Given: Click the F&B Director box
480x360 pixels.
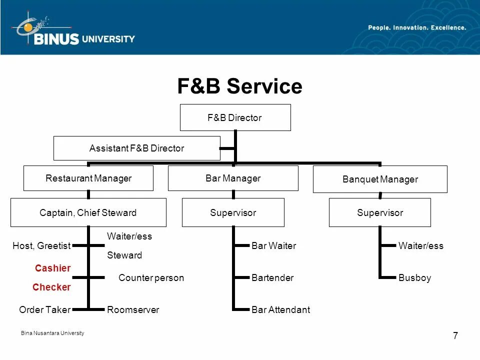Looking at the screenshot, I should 235,118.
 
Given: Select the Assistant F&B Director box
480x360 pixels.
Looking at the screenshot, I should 136,148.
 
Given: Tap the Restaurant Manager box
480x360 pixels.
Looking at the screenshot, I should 88,178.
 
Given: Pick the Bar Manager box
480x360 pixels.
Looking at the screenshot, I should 233,178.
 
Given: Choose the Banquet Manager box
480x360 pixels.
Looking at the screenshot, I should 380,179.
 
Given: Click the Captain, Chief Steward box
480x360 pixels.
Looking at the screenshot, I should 88,212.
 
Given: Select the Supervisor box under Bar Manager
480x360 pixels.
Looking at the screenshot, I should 233,212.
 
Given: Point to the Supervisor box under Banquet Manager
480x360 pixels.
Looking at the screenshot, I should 380,212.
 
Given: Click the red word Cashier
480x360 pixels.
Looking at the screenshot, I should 52,268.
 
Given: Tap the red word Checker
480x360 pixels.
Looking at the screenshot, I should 51,287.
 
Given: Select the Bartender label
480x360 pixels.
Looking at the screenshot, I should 272,278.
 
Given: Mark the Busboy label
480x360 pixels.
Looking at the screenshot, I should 414,278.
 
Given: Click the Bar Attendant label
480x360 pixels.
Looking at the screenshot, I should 280,310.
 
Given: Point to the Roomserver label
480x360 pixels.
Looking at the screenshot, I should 133,310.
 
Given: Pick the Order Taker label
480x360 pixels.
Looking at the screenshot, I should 44,310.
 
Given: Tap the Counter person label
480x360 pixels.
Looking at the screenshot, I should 151,278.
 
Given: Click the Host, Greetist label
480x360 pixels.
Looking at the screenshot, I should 41,246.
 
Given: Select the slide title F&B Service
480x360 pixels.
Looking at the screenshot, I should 239,86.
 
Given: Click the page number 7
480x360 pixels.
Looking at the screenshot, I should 455,336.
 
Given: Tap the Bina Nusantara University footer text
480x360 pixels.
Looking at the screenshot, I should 52,333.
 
